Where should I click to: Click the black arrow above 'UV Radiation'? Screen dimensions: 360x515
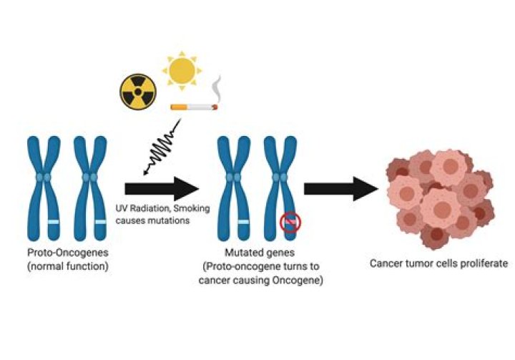tap(161, 189)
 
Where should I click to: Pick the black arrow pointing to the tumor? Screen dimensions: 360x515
tap(340, 189)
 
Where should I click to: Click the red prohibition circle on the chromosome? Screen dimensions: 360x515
tap(290, 223)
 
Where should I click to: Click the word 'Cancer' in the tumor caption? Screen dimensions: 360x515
tap(386, 263)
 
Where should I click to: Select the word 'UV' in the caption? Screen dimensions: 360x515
tap(122, 208)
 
